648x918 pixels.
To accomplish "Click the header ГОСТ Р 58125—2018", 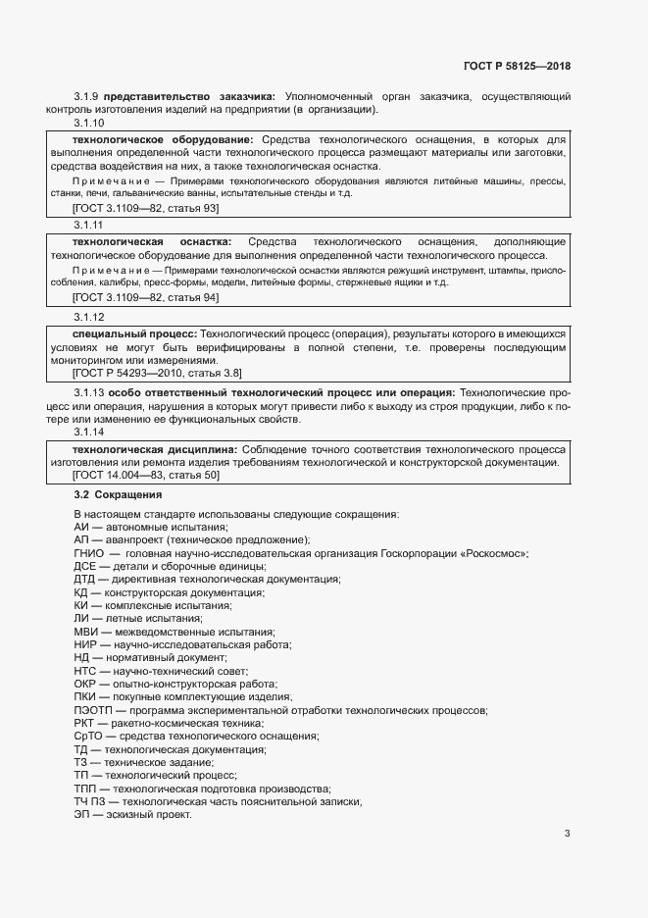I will tap(517, 66).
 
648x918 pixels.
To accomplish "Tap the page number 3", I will tap(568, 835).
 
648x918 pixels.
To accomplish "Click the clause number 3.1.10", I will tap(89, 124).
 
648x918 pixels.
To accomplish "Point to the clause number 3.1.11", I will tap(89, 225).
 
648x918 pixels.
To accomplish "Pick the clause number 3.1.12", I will tap(89, 318).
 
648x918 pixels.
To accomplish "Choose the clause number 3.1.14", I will tap(89, 433).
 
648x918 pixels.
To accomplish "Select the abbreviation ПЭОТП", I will tap(93, 709).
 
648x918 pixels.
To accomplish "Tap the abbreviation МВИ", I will tap(86, 632).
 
